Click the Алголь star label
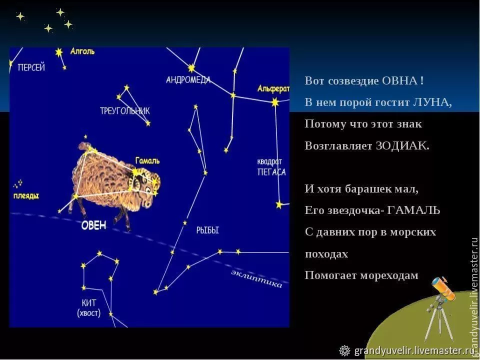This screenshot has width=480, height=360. tap(82, 51)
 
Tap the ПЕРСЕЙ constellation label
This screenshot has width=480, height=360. tap(31, 67)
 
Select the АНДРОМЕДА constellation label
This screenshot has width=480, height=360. tap(188, 79)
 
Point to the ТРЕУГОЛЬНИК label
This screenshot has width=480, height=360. tap(124, 110)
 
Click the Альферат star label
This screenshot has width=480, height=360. tap(273, 89)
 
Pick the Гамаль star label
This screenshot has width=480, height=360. tap(147, 160)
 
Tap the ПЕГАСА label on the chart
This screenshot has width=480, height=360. tap(271, 172)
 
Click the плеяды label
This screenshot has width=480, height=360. tap(26, 195)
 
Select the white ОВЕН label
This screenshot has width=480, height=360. tap(94, 225)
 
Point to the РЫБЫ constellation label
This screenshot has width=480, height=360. tap(207, 230)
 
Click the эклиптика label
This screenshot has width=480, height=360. tap(256, 278)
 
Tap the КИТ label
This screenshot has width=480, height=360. tap(88, 302)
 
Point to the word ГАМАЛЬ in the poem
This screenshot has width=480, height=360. tap(413, 210)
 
